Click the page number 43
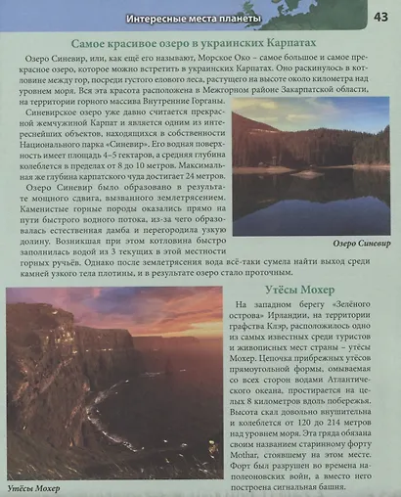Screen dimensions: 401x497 pos(379,16)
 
